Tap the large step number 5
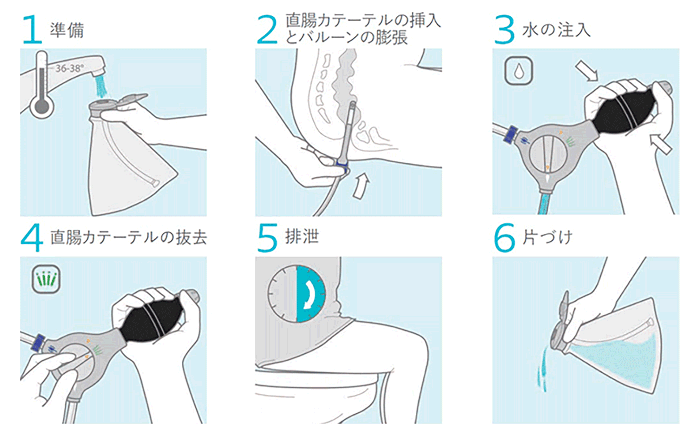click(267, 238)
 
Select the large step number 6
click(504, 238)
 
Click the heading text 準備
click(67, 30)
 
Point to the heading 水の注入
click(556, 29)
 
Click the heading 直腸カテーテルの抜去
click(129, 237)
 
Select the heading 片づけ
click(547, 237)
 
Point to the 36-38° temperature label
click(69, 69)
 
